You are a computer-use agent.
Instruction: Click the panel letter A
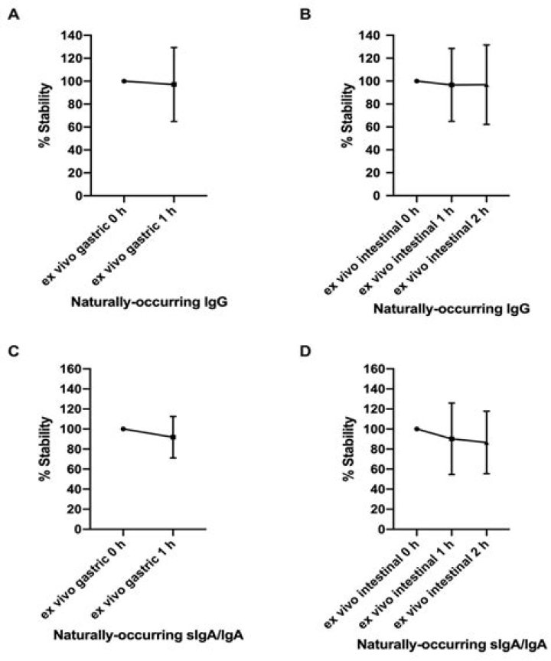point(13,15)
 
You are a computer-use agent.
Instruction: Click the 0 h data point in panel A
point(124,81)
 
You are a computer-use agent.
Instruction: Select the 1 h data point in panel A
point(174,84)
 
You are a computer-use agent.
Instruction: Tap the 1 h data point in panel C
point(174,437)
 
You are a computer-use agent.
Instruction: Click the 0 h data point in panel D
point(416,428)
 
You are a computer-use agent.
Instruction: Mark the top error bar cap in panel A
point(174,47)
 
